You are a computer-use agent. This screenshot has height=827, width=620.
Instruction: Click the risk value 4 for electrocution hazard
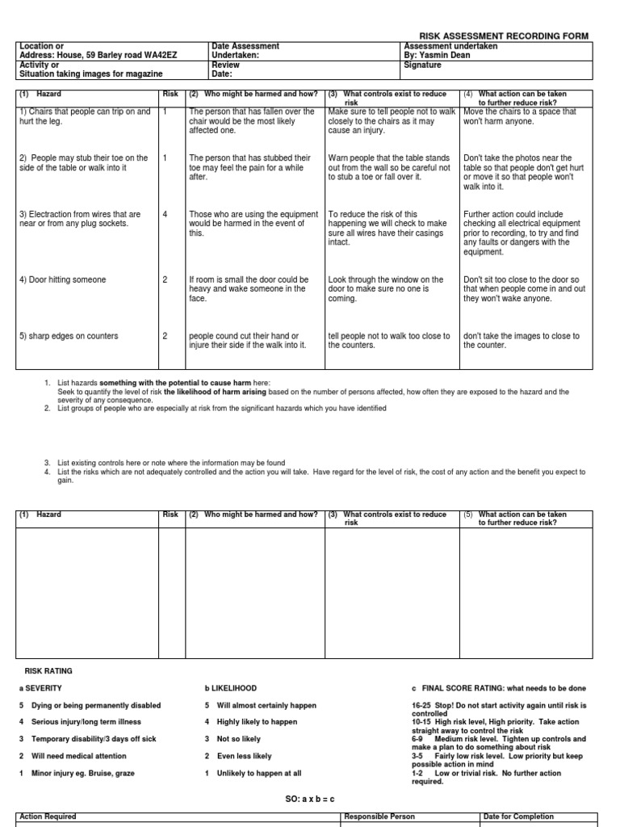click(x=165, y=214)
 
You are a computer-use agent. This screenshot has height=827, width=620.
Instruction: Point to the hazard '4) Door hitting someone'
click(x=63, y=279)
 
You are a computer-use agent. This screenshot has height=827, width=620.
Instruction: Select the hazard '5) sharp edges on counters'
click(x=69, y=336)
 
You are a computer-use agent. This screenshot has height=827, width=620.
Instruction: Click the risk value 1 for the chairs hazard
click(x=165, y=111)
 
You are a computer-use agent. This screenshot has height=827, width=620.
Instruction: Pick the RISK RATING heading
click(x=49, y=670)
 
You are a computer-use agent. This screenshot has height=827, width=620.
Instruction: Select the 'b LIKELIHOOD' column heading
click(x=231, y=688)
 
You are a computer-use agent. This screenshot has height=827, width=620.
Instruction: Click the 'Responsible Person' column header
click(x=379, y=817)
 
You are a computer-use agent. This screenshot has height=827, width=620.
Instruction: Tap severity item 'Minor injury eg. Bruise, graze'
click(x=82, y=773)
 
